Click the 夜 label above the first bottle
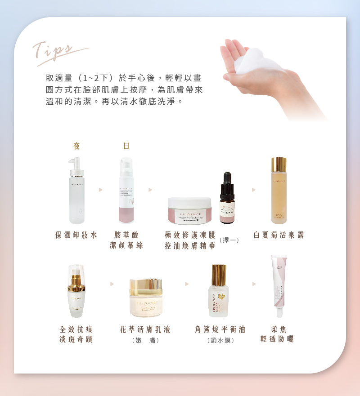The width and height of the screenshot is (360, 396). click(x=76, y=146)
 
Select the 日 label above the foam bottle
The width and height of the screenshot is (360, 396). click(x=126, y=146)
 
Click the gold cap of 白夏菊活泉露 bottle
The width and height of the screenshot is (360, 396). click(x=279, y=164)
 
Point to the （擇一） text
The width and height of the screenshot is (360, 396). click(x=229, y=240)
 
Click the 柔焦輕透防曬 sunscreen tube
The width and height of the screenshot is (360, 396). click(x=279, y=285)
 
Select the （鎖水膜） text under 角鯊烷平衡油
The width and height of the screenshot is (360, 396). click(x=221, y=341)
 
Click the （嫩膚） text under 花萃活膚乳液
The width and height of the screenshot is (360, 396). click(x=145, y=341)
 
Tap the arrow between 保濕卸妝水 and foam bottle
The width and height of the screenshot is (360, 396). click(x=101, y=190)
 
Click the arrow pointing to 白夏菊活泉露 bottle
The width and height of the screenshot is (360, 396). click(x=254, y=190)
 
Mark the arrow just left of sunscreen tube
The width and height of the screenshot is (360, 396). click(x=254, y=284)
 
